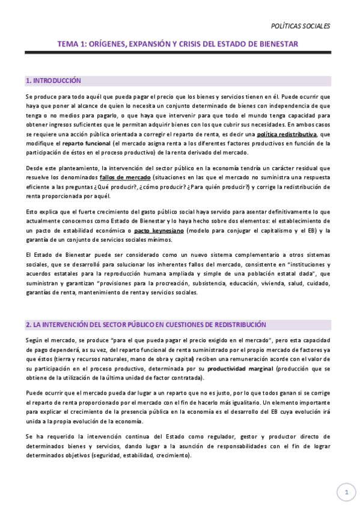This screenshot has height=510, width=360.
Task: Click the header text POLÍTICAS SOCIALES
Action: [301, 26]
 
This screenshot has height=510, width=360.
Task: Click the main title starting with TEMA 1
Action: [178, 43]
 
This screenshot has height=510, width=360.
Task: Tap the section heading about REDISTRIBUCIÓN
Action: [145, 324]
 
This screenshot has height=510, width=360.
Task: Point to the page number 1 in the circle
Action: [346, 493]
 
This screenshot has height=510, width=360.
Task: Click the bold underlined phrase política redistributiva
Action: [285, 134]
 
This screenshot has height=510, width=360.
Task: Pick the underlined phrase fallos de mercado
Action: [125, 178]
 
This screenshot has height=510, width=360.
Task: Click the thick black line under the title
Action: [178, 53]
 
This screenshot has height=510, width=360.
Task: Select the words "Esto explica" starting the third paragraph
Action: [41, 212]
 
